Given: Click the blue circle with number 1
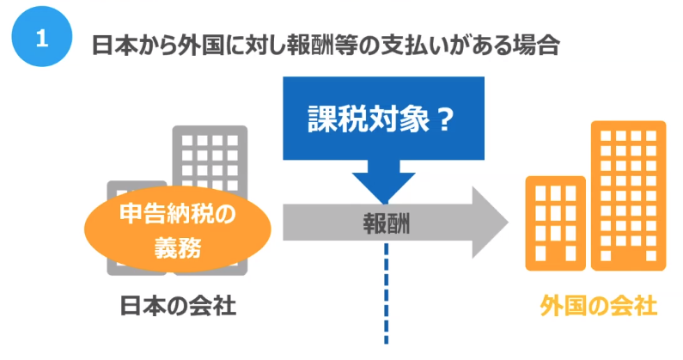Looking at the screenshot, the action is pos(42,37).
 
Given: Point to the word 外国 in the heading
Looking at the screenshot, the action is pos(200,46).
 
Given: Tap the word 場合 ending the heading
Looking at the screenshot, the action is pos(539,46).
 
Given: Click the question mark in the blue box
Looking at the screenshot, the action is pos(445,119).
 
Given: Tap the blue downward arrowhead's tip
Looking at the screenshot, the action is pos(384,204).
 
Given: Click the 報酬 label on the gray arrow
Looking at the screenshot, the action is pos(387,223).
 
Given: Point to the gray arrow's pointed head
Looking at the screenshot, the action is pos(508,223).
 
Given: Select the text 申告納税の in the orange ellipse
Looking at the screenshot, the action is pos(178,214).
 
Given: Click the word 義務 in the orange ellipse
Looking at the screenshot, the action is pos(178,248).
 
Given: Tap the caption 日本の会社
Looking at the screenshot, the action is pos(178,306).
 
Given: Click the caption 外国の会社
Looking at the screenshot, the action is pos(599,306).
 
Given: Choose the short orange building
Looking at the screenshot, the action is pos(555,223).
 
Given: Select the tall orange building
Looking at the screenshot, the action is pos(629,196).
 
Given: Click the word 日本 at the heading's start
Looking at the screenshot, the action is pos(113,46).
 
